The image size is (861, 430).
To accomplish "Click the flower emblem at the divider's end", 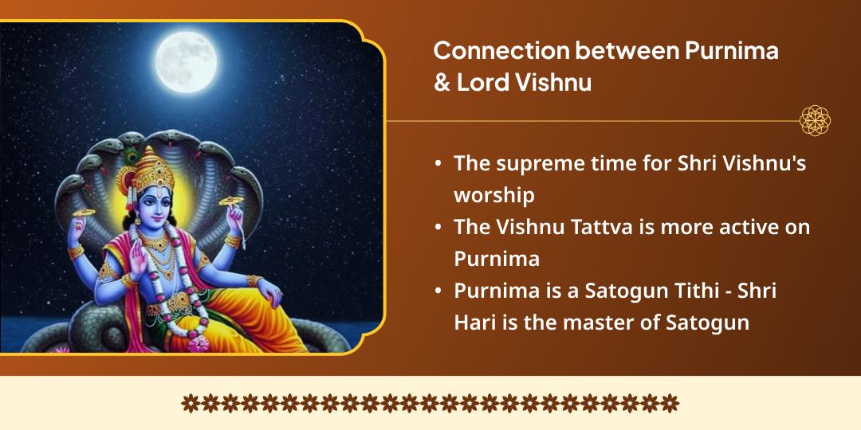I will pyautogui.click(x=815, y=121).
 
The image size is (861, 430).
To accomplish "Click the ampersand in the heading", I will pyautogui.click(x=442, y=83).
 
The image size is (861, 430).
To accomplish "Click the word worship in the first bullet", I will pyautogui.click(x=493, y=195).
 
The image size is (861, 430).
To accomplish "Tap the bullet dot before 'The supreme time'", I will pyautogui.click(x=438, y=163).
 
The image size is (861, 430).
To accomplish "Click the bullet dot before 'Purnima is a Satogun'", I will pyautogui.click(x=438, y=291).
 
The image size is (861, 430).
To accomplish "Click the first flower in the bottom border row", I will pyautogui.click(x=190, y=403).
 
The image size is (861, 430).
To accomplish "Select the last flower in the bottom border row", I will pyautogui.click(x=670, y=403).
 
